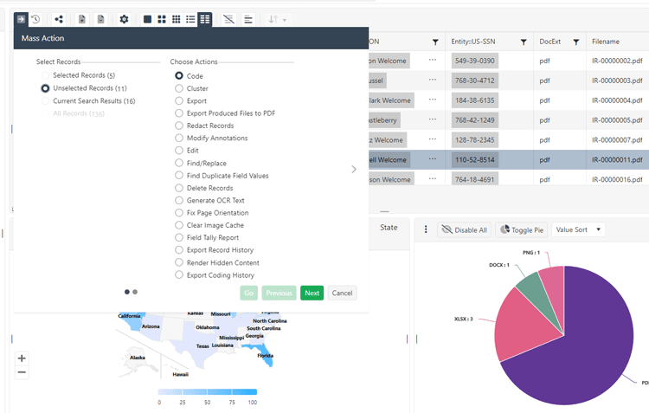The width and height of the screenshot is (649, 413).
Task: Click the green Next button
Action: [x=312, y=293]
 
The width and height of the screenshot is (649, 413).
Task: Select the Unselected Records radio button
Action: [x=45, y=88]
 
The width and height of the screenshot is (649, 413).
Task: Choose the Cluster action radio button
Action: [x=179, y=88]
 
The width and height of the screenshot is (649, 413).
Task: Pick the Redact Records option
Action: [x=179, y=126]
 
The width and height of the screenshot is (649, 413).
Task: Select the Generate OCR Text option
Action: [x=179, y=200]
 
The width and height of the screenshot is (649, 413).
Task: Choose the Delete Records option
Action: [x=179, y=188]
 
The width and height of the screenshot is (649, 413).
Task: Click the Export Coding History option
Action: [x=179, y=275]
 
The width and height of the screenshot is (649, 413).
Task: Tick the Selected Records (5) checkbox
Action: [x=45, y=75]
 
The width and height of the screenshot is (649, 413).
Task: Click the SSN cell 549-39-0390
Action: [x=474, y=61]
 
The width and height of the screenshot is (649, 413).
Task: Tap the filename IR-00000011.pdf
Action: [x=617, y=159]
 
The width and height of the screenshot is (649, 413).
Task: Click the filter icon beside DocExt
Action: [x=575, y=42]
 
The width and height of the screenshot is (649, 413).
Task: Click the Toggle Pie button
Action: [x=522, y=229]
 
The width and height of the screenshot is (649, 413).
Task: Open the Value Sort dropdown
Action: [x=579, y=229]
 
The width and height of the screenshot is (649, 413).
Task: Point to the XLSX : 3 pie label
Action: [x=466, y=319]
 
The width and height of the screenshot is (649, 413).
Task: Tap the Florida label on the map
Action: [x=266, y=355]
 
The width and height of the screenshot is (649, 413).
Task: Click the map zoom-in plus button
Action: [x=22, y=358]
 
